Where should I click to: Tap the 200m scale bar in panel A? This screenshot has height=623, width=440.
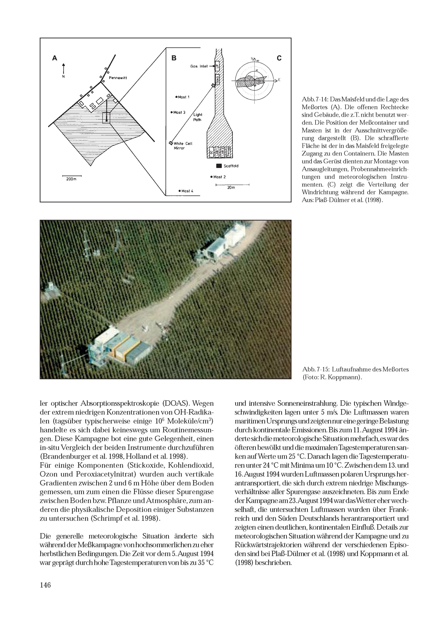tap(71, 176)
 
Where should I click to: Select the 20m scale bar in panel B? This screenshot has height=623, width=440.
tap(232, 185)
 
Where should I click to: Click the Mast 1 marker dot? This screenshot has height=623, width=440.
tap(176, 97)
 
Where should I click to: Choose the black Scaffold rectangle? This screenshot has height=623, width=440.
tap(219, 166)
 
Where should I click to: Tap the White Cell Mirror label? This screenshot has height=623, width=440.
tap(183, 146)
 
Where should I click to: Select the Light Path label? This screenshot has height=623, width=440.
tap(198, 117)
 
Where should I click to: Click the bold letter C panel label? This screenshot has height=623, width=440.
tap(279, 58)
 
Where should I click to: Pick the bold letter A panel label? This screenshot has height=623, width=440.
tap(55, 58)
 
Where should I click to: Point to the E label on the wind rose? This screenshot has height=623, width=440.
tap(279, 80)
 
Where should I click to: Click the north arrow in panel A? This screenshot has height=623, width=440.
tap(63, 69)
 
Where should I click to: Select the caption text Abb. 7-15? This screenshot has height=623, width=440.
tap(316, 370)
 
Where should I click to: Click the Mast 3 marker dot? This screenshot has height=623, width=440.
tap(172, 112)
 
